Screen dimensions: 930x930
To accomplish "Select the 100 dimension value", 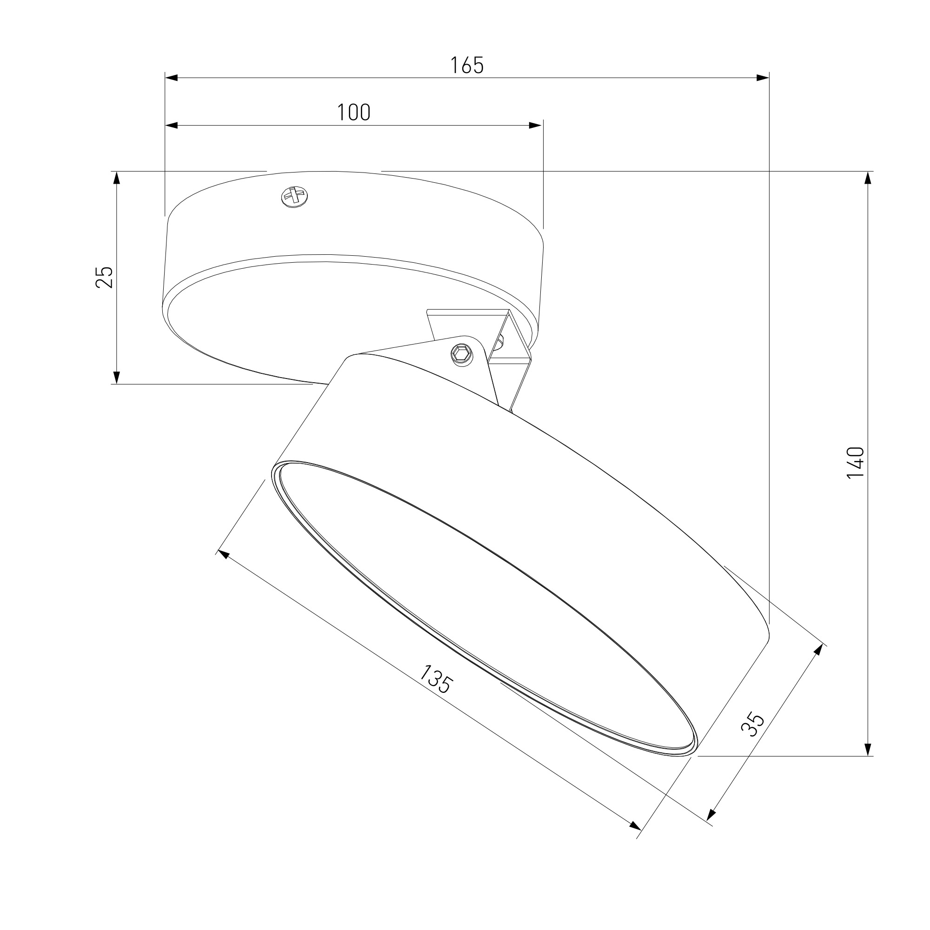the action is click(x=354, y=112).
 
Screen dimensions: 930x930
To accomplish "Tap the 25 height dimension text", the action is click(x=105, y=277).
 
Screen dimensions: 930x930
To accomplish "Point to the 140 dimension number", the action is click(x=855, y=463).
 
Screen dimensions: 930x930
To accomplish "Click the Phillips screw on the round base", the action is click(x=294, y=196).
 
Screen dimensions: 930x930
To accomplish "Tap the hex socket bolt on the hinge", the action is click(x=461, y=354).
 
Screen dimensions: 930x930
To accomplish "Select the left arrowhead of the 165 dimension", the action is click(x=172, y=78).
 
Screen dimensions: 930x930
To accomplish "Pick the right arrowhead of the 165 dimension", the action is click(x=763, y=78).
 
